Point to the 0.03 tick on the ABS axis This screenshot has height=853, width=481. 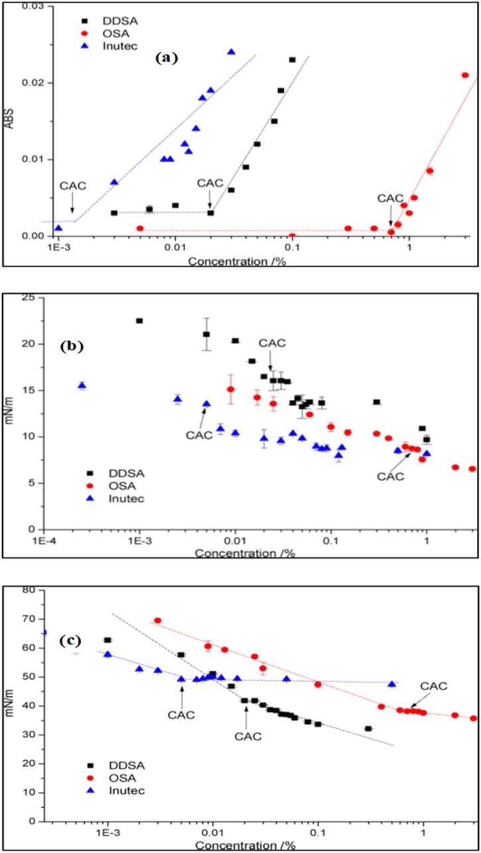[x=31, y=6]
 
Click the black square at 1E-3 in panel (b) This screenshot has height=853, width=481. [x=139, y=321]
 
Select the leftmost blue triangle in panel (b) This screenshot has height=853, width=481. [x=82, y=385]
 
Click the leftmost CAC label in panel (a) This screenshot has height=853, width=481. [x=73, y=185]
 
